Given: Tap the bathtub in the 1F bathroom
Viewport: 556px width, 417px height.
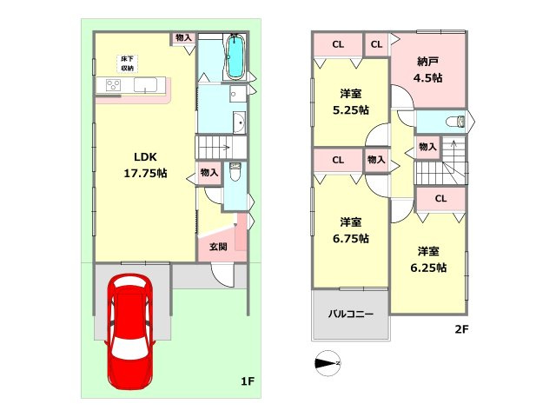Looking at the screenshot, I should [x=235, y=57].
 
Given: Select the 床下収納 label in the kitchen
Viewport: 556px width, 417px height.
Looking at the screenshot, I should [x=128, y=62].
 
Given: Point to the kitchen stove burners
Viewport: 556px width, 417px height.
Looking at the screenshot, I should [x=115, y=84].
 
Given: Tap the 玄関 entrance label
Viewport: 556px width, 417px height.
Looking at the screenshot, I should [x=218, y=247].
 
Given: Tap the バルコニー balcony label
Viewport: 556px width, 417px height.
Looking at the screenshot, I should [x=350, y=314].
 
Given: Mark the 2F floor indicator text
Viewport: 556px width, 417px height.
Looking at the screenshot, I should [x=460, y=328].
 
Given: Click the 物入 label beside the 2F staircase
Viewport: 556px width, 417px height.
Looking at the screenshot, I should [x=427, y=147].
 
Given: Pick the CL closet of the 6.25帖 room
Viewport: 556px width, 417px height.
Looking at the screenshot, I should [x=440, y=199].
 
